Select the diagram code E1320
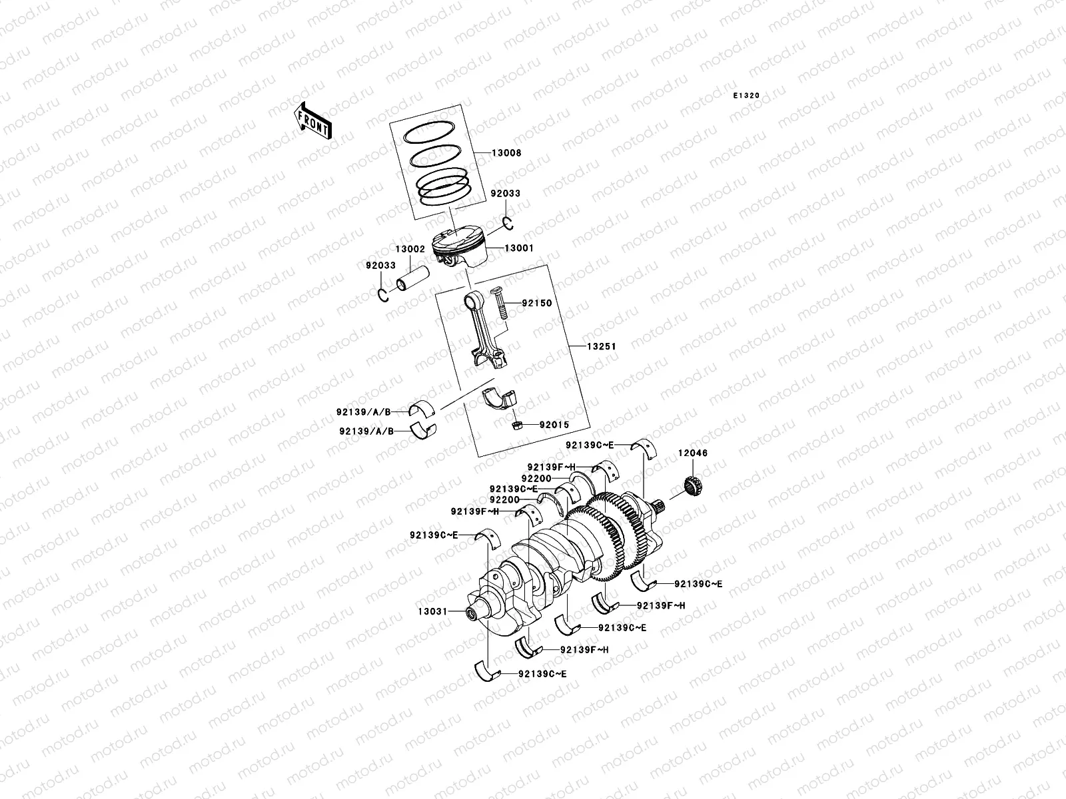[x=746, y=96]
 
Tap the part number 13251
[x=601, y=347]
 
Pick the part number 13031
[x=432, y=611]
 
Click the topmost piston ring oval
[x=436, y=132]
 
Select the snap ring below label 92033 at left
[x=383, y=296]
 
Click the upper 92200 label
[x=536, y=479]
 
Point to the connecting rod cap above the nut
[x=500, y=399]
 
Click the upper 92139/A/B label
[x=363, y=412]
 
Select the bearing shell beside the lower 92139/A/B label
[x=422, y=431]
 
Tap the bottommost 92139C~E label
[x=542, y=674]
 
